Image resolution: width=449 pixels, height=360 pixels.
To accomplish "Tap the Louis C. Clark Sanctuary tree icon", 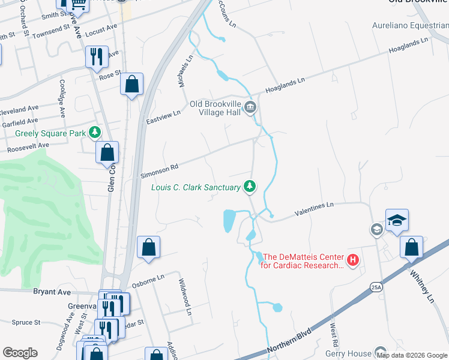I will (x=250, y=187).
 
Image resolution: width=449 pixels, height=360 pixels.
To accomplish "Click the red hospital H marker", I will (x=353, y=260).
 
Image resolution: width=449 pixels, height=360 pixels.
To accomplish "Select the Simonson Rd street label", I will (x=159, y=171).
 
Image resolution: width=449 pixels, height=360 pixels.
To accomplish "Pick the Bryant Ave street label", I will (x=52, y=292).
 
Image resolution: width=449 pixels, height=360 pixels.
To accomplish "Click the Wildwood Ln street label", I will (x=184, y=296).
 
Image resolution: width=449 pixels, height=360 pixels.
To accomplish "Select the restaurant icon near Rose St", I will (x=97, y=57).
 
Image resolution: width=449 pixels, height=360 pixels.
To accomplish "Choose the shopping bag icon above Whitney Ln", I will (x=412, y=248).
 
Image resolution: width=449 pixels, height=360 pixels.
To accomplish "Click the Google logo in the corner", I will (x=20, y=353).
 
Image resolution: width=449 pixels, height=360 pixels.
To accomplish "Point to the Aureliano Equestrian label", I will (x=410, y=26).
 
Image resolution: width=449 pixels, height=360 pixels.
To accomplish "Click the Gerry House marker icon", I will (x=381, y=353).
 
